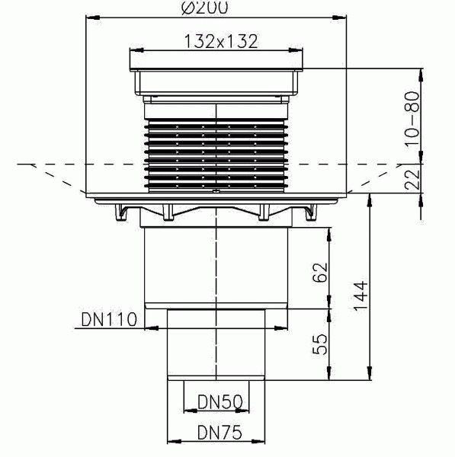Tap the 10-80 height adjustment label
412,114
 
